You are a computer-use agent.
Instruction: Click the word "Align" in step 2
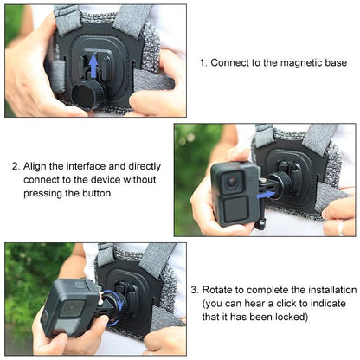click(x=37, y=167)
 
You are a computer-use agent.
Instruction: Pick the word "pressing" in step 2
click(x=45, y=193)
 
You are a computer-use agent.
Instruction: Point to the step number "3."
click(x=196, y=290)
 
